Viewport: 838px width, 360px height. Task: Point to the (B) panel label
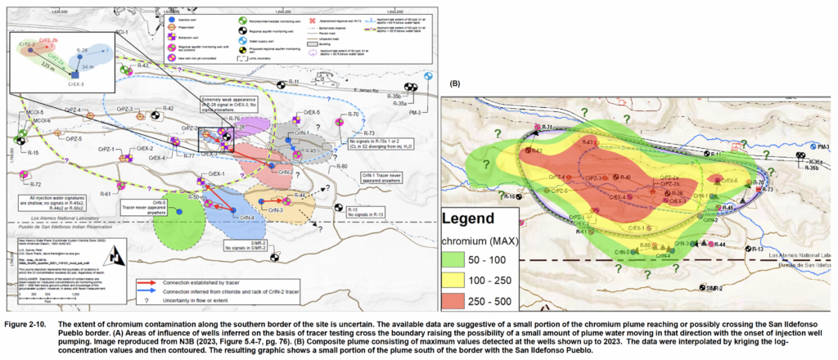(x=454, y=82)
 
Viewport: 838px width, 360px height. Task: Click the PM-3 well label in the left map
(x=414, y=112)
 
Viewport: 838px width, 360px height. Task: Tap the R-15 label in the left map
(x=33, y=153)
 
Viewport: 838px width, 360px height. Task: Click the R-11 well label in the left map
(x=295, y=83)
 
